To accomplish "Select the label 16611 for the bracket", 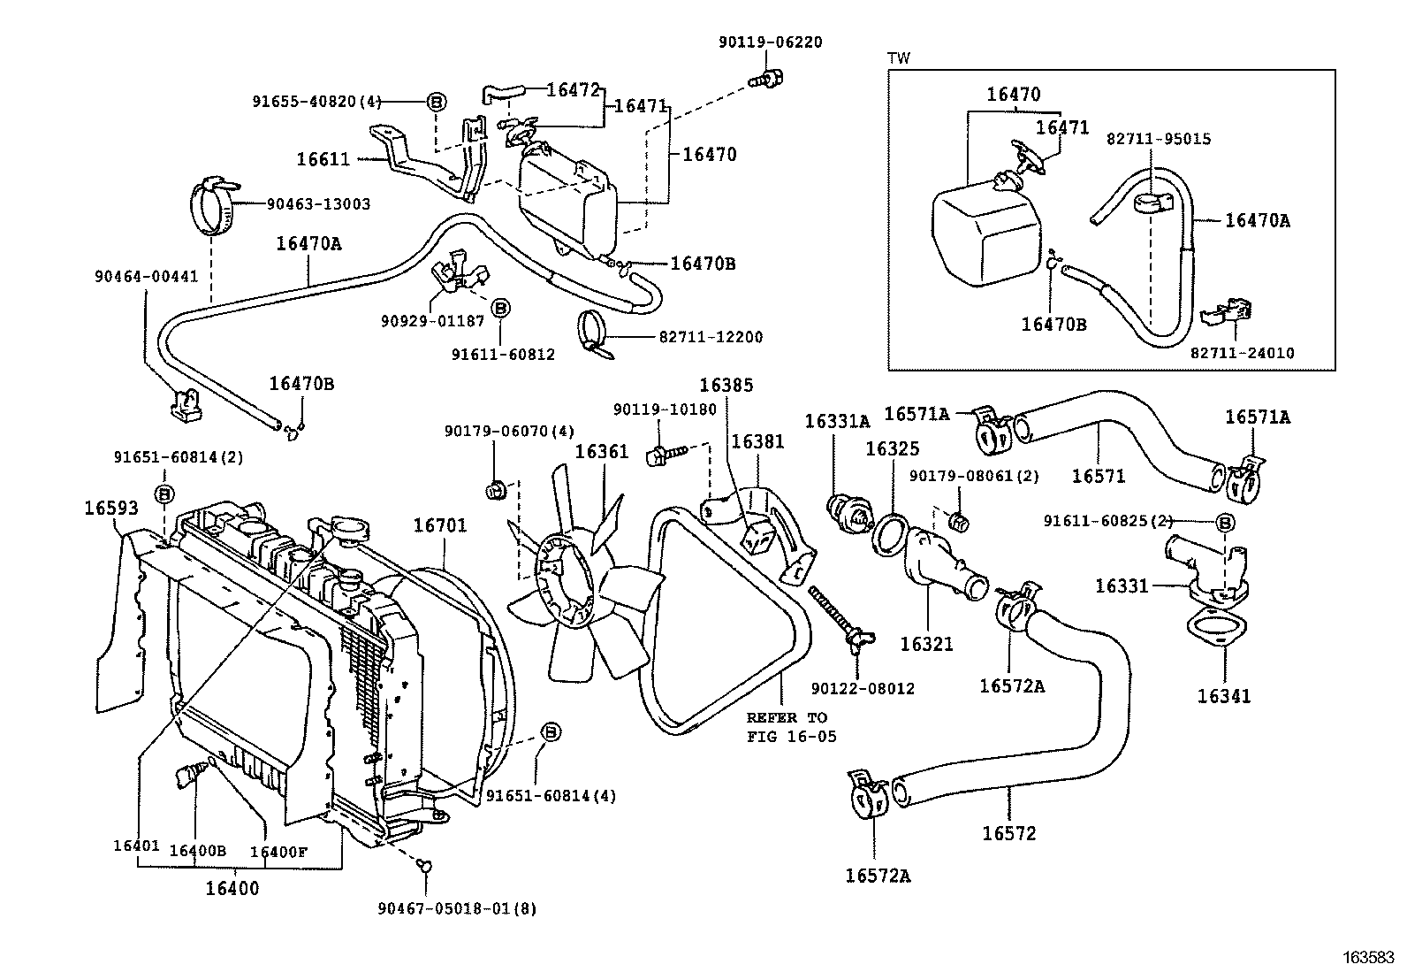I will (x=323, y=160).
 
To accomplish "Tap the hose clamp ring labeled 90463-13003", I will (x=214, y=206).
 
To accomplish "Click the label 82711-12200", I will (x=710, y=337).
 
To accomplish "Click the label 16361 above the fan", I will (x=601, y=452).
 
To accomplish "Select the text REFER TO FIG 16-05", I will (x=787, y=727).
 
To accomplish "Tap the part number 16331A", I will (x=836, y=422).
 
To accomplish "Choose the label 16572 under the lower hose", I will (x=1008, y=833).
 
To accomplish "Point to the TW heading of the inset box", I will (x=898, y=58).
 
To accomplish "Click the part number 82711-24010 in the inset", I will (x=1242, y=353).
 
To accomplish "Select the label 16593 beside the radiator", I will (x=111, y=508).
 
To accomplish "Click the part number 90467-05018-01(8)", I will (x=457, y=908).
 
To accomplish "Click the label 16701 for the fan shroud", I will (x=440, y=525).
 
